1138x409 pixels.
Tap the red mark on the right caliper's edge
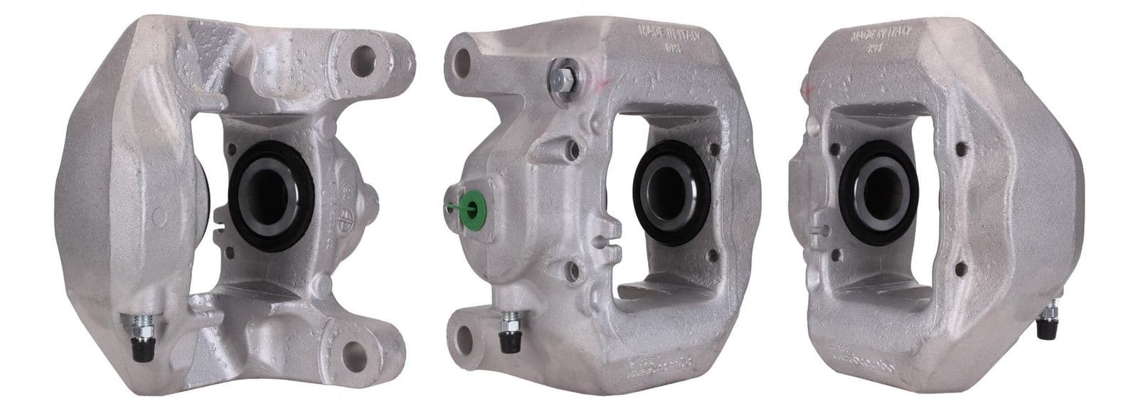click(x=808, y=89)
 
